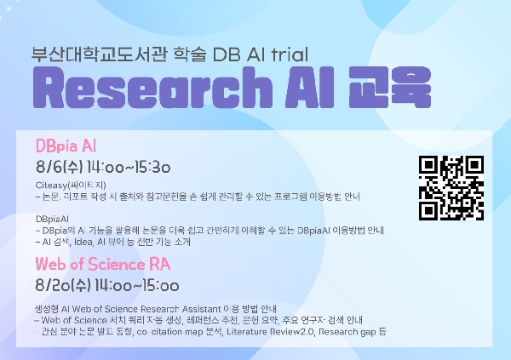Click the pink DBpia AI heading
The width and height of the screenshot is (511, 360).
pyautogui.click(x=66, y=141)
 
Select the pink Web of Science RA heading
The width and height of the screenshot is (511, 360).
pyautogui.click(x=97, y=265)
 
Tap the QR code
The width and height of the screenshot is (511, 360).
pyautogui.click(x=451, y=186)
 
